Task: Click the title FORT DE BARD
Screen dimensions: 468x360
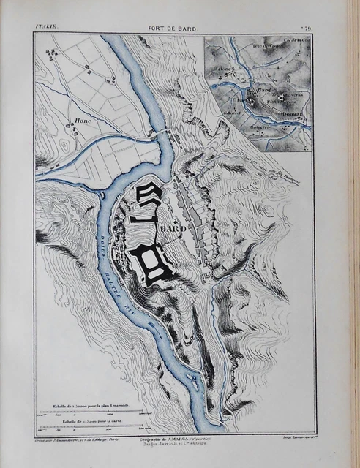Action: coord(171,27)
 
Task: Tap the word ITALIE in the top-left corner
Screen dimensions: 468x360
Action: coord(46,27)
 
